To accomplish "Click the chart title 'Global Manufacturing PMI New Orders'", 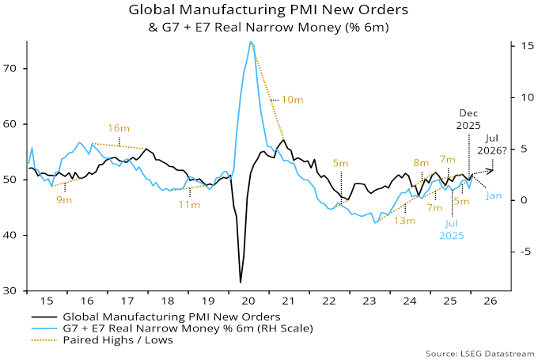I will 269,11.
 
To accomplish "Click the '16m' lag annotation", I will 119,128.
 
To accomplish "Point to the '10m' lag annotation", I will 292,100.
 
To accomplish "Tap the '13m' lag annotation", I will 404,221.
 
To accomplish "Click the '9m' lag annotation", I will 64,200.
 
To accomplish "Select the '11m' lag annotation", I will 189,205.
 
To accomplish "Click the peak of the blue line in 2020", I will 251,42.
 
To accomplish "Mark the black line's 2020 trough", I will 241,282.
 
